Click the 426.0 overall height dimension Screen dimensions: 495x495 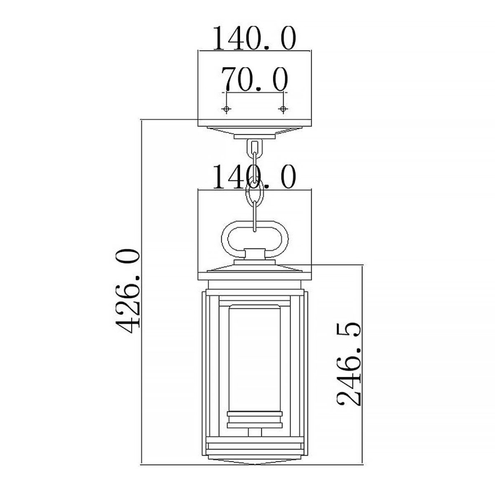point(127,291)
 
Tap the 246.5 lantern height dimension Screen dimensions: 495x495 point(349,363)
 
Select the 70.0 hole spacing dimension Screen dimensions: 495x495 point(254,79)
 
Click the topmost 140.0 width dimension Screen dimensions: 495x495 point(254,39)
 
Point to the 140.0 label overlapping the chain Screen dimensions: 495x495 point(254,177)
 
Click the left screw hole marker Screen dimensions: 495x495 point(227,108)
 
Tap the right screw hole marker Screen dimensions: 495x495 point(282,108)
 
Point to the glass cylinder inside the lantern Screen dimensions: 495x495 point(254,354)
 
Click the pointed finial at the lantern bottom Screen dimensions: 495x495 point(254,461)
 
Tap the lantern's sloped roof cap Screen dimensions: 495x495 point(254,269)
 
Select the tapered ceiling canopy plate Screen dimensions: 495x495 point(254,131)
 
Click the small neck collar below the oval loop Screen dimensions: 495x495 point(254,255)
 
